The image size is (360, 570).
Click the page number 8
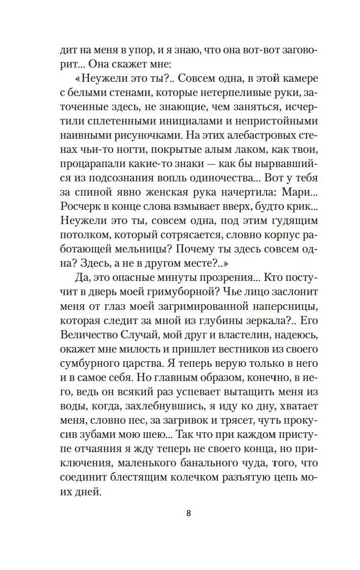tap(188, 513)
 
